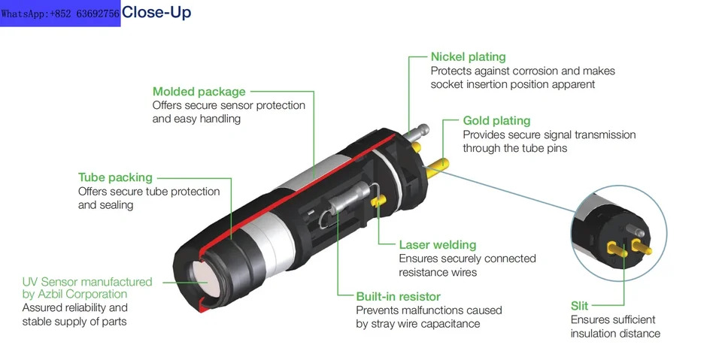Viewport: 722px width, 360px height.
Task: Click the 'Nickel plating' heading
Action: [469, 57]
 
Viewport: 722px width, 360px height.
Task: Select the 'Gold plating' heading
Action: [497, 121]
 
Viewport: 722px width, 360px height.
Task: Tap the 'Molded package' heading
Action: [199, 92]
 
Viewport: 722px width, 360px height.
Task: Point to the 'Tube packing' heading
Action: [115, 177]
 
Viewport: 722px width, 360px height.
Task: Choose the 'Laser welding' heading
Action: [438, 244]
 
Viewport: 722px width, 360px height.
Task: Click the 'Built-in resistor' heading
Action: [399, 296]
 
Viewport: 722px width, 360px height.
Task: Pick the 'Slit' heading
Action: [580, 306]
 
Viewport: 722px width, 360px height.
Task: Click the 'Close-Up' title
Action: [156, 13]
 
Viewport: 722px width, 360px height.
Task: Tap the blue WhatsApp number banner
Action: [60, 14]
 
